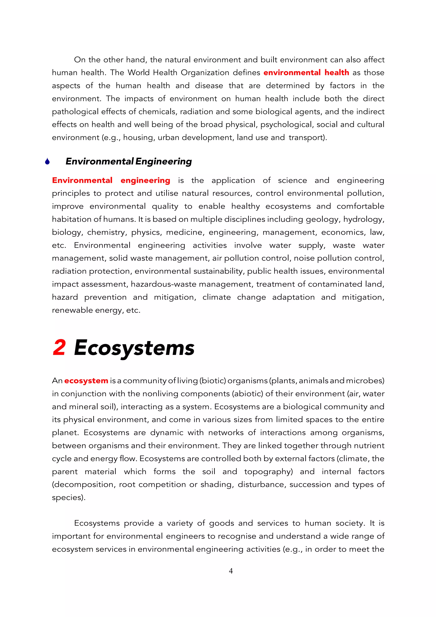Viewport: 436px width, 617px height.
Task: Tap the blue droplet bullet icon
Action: coord(47,162)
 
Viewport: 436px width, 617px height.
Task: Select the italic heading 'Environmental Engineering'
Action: coord(128,162)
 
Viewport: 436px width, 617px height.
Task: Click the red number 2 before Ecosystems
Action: coord(59,348)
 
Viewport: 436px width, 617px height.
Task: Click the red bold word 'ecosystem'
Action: coord(86,381)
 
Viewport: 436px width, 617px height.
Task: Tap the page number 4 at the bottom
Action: coord(231,571)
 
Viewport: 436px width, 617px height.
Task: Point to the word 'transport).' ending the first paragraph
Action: coord(308,138)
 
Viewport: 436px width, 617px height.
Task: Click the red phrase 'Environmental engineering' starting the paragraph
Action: coord(111,180)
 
